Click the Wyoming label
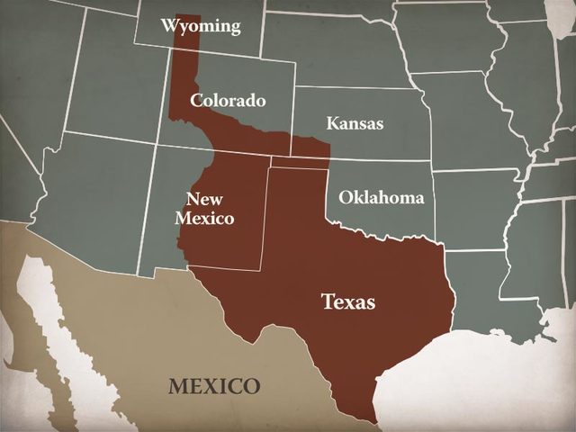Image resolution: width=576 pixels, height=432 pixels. point(201,25)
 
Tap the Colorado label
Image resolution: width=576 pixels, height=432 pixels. point(228,100)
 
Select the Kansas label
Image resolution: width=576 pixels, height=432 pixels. point(355,123)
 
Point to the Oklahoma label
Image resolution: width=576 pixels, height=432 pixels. point(381,197)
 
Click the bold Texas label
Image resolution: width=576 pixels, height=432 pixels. point(348,301)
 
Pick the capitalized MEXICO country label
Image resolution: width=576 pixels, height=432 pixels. point(214,387)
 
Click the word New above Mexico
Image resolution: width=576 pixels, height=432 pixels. point(204,199)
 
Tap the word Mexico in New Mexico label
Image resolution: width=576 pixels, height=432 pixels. point(204,218)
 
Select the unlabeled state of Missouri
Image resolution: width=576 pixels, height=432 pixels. point(459,117)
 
